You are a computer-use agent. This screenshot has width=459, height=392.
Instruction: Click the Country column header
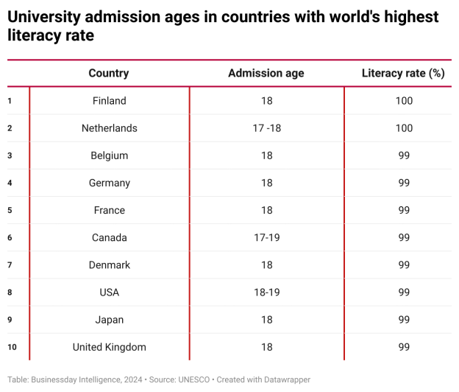pyautogui.click(x=109, y=73)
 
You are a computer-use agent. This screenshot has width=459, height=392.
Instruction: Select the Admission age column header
pyautogui.click(x=266, y=73)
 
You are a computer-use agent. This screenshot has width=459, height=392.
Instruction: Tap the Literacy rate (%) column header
pyautogui.click(x=404, y=73)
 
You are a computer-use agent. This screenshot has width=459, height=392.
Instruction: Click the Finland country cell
pyautogui.click(x=110, y=101)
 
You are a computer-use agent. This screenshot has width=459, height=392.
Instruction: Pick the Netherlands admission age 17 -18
pyautogui.click(x=266, y=128)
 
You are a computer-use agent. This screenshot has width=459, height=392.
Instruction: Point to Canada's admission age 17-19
pyautogui.click(x=266, y=237)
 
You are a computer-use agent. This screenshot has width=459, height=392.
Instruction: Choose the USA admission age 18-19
pyautogui.click(x=266, y=293)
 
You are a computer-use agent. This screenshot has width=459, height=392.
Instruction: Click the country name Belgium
pyautogui.click(x=110, y=155)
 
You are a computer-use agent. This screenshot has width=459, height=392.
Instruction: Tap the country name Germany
pyautogui.click(x=110, y=183)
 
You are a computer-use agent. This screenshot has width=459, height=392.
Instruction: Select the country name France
pyautogui.click(x=110, y=210)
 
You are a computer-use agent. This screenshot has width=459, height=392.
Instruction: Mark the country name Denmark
pyautogui.click(x=110, y=265)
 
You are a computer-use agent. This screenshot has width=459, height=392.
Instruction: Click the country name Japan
pyautogui.click(x=110, y=320)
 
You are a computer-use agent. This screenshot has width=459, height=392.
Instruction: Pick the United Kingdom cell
pyautogui.click(x=110, y=347)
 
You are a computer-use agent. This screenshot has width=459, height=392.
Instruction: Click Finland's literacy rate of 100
pyautogui.click(x=404, y=101)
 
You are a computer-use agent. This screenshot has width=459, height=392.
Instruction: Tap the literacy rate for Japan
pyautogui.click(x=404, y=320)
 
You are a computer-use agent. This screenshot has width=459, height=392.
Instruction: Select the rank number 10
pyautogui.click(x=11, y=347)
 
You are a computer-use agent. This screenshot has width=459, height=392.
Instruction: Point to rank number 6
pyautogui.click(x=10, y=237)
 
